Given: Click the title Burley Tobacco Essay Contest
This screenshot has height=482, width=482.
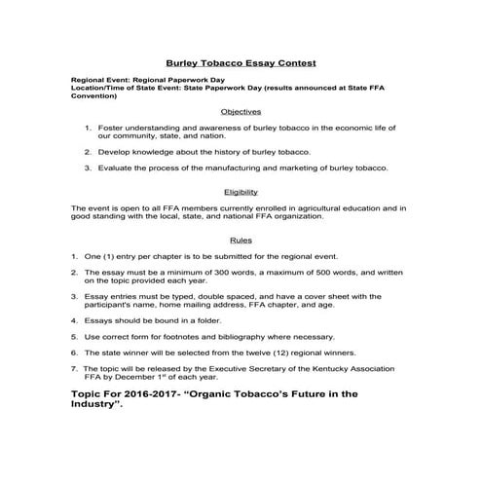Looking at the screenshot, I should coord(241,61).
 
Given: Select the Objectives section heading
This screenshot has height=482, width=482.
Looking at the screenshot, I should coord(241,111).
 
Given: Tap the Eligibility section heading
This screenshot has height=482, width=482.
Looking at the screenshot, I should coord(241,192).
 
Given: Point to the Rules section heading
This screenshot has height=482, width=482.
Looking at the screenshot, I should coord(241,239).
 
